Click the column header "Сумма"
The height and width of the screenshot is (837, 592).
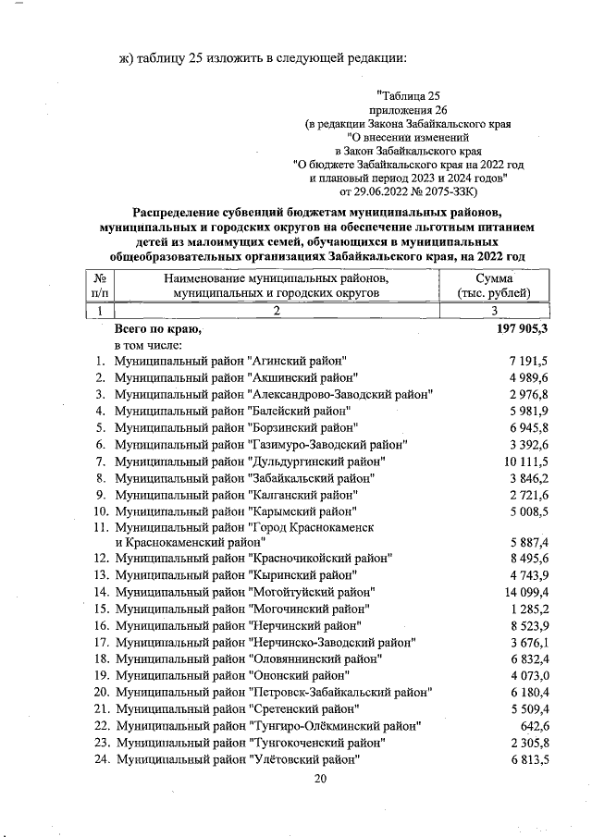coord(494,278)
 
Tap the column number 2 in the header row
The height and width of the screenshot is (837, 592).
coord(276,311)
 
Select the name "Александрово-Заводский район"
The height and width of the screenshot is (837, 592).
coord(342,394)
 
